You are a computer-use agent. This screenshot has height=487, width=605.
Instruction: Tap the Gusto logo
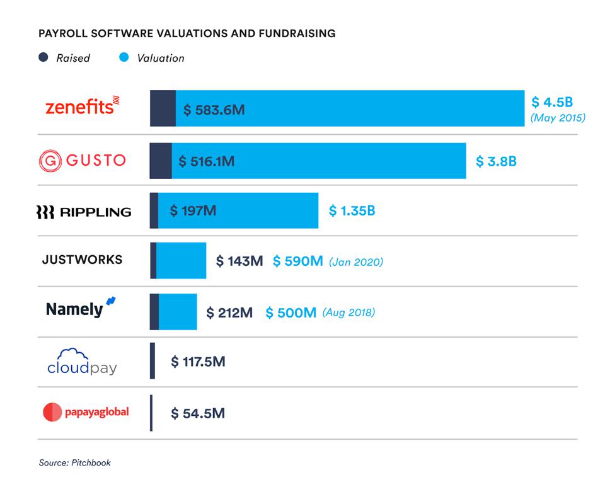coord(82,161)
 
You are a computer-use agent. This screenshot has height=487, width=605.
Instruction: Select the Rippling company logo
coord(83,212)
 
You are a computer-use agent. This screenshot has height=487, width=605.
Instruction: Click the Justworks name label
coord(82,260)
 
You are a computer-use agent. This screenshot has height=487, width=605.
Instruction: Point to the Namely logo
coord(81,308)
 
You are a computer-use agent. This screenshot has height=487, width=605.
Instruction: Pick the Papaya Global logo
coord(86,413)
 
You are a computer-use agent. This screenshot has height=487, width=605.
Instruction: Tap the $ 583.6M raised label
coord(214,110)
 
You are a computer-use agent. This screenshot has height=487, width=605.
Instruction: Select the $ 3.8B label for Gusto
coord(496,161)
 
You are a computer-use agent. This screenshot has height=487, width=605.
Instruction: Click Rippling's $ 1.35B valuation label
coord(352,211)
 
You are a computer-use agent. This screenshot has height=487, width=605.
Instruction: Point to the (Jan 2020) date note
coord(355,261)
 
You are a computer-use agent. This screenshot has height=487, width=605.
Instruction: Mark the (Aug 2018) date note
coord(349,312)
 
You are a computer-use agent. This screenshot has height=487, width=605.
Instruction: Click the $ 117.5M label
coord(198,362)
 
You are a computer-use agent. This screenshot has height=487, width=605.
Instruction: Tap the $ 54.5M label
coord(198,413)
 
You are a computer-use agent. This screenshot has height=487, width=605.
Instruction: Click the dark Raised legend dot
coord(43,57)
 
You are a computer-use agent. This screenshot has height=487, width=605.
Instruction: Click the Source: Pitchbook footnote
coord(74,462)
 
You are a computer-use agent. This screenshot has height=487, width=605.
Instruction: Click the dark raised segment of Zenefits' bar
coord(163,108)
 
